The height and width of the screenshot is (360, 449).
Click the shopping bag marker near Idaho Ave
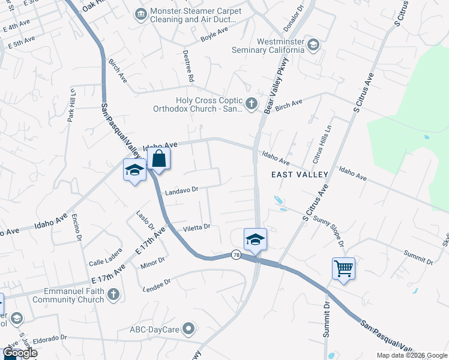158,160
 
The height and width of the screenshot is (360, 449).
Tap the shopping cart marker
343,268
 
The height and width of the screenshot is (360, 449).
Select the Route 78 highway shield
237,254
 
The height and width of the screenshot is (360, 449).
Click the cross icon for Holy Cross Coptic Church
252,104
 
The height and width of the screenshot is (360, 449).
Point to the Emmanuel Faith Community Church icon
113,295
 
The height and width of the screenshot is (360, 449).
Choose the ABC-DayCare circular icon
189,329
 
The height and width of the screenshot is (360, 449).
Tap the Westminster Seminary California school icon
313,45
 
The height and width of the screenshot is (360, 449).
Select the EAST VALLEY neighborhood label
300,175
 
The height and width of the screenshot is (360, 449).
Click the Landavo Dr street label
181,190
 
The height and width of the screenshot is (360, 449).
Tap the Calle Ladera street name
105,262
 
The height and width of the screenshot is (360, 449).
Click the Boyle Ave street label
215,35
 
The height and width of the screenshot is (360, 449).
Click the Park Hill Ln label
71,106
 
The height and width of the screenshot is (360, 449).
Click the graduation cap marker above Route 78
255,239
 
